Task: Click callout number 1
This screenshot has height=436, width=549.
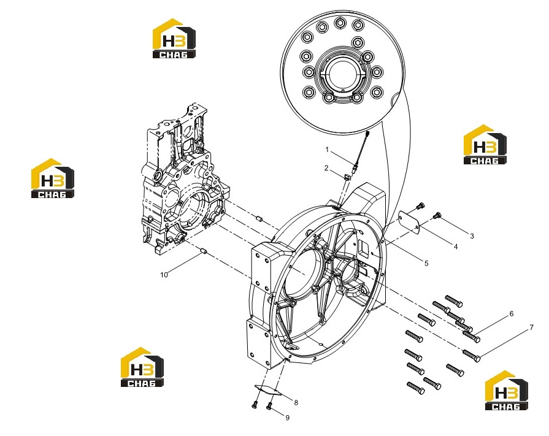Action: tap(327, 150)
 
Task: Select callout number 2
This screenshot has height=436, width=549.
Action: tap(326, 168)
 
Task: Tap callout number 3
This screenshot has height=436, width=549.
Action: tap(472, 236)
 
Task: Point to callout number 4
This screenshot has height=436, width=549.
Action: tap(456, 247)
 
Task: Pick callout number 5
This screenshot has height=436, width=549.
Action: tap(426, 263)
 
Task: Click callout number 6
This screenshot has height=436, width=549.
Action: tap(511, 314)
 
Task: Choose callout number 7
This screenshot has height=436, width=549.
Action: tap(531, 327)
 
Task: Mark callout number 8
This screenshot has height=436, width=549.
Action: tap(296, 403)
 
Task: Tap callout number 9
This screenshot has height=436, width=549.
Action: tap(288, 418)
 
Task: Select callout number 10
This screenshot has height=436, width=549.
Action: tap(164, 275)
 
